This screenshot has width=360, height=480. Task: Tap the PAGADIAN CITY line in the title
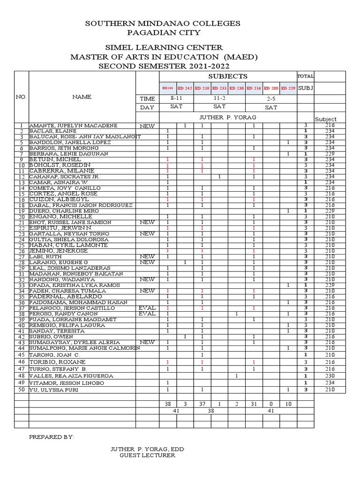click(x=164, y=32)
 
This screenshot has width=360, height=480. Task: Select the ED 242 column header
click(x=185, y=88)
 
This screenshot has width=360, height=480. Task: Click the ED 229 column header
click(x=288, y=88)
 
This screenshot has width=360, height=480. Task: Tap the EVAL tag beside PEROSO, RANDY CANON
click(x=147, y=314)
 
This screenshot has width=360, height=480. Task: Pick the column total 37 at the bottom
click(x=202, y=404)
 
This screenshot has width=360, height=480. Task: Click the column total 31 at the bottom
click(x=254, y=404)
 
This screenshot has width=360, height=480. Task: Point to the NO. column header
click(x=22, y=97)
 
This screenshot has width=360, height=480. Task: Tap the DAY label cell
click(x=147, y=108)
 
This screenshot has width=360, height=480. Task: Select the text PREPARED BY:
click(x=52, y=437)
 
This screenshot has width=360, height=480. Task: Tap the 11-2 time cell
click(x=219, y=99)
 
